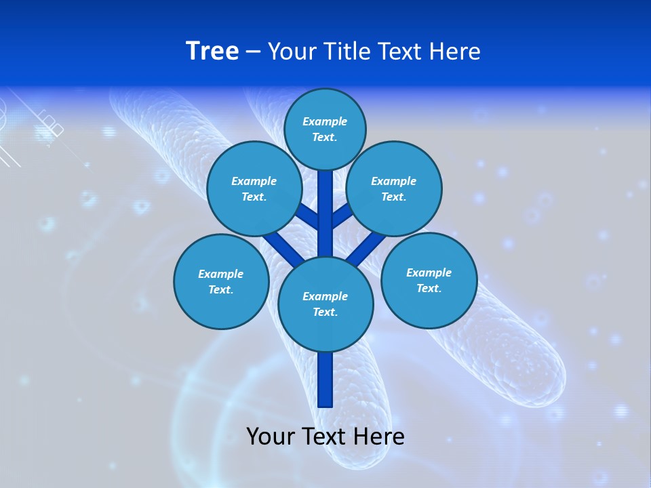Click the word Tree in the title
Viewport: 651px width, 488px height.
[212, 51]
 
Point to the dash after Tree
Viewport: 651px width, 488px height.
[253, 52]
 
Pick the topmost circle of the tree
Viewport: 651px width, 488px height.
[325, 129]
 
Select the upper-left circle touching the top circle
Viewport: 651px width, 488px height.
[254, 188]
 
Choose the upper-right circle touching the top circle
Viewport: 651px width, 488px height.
[394, 188]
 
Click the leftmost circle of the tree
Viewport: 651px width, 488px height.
[221, 281]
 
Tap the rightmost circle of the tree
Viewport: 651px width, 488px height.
[429, 280]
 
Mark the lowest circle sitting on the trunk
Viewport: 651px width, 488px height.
[325, 304]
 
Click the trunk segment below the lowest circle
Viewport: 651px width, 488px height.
[325, 380]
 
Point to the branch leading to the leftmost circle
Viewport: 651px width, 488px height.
[281, 247]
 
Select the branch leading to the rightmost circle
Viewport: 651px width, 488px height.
[370, 247]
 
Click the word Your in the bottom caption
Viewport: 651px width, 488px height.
[271, 436]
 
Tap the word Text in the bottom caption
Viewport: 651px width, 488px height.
[327, 436]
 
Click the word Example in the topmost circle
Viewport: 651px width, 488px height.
[325, 121]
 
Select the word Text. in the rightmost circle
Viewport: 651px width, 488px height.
[429, 288]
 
